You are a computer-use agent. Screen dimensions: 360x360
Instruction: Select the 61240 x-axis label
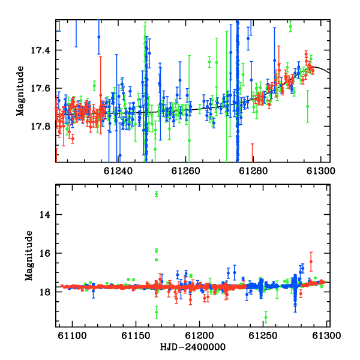118,171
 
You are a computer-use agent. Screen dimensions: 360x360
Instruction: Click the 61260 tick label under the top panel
185,171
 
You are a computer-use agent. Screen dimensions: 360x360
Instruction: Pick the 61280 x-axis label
253,171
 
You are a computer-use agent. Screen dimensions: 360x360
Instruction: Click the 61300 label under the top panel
321,171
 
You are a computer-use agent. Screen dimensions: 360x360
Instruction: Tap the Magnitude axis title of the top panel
20,91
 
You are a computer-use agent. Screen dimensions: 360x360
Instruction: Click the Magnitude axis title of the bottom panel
29,256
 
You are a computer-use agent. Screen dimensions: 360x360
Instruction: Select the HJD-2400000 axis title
193,347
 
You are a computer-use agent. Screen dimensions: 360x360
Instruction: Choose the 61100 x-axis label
73,335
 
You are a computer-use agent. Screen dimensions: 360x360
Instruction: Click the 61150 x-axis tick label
136,335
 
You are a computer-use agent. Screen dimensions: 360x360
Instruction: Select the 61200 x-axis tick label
200,335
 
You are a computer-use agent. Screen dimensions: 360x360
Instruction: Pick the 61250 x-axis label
263,335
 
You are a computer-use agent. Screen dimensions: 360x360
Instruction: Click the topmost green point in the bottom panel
157,194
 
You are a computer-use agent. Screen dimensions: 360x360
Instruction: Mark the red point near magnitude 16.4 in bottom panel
311,262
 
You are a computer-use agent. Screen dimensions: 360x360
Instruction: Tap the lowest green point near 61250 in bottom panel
266,317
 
